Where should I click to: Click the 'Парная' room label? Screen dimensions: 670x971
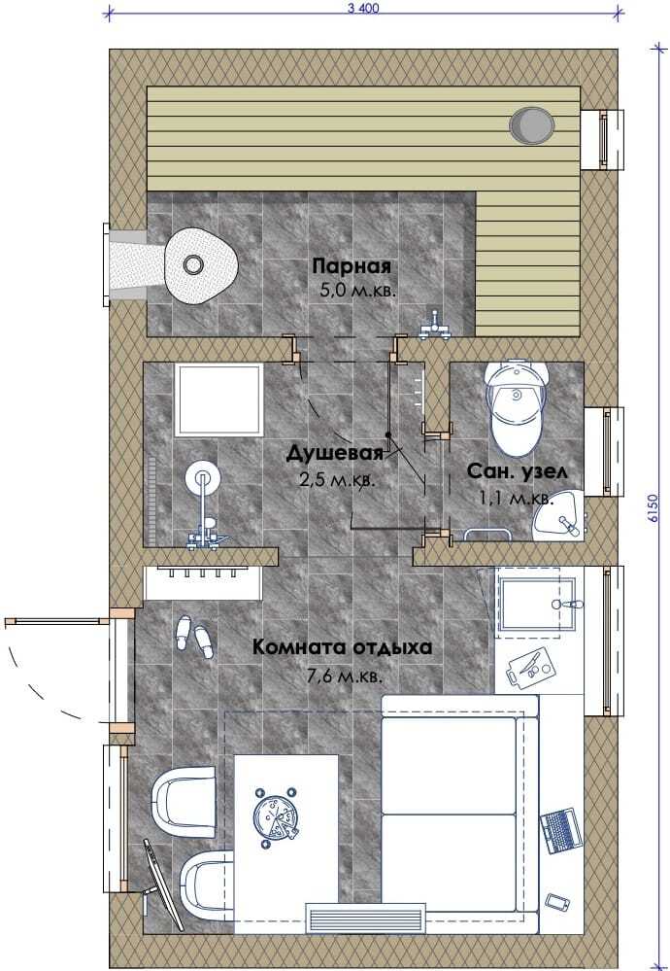coord(352,267)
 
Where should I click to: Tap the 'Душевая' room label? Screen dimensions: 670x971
coord(335,453)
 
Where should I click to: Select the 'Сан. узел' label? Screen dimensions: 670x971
coord(517,471)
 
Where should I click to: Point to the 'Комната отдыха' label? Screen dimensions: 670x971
coord(342,647)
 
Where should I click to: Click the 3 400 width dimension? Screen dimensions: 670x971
coord(363,8)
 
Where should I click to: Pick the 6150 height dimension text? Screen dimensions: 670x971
coord(654,509)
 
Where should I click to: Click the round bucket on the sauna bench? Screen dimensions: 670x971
coord(531,125)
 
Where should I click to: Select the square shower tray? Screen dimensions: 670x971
coord(219,400)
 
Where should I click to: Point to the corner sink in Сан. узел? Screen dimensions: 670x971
coord(560,516)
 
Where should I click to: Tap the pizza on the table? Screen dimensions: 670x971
coord(276,818)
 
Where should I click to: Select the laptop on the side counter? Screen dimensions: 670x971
coord(561,830)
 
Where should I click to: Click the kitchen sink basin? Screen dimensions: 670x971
coord(536,603)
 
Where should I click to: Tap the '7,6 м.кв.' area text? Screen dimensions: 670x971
coord(345,675)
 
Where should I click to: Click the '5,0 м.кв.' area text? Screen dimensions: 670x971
coord(357,290)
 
